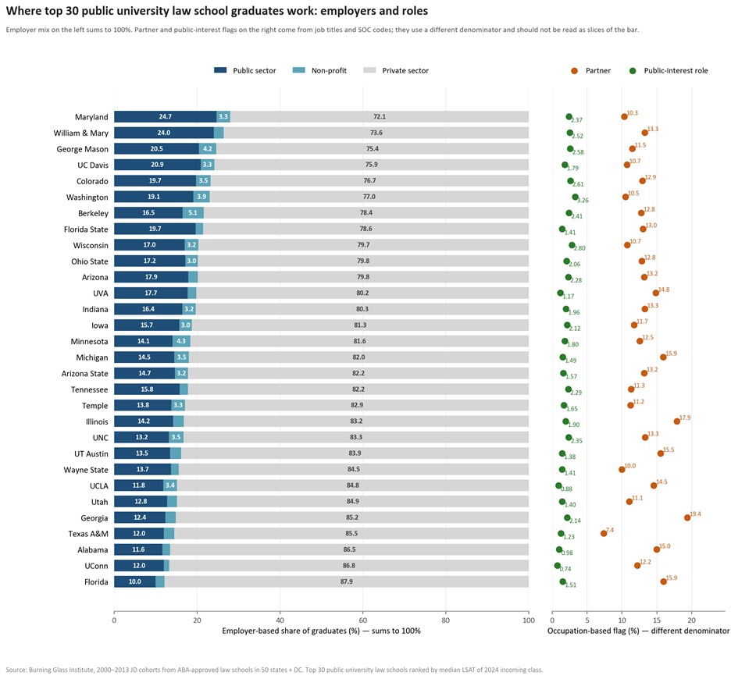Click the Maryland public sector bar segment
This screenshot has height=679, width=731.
tap(166, 116)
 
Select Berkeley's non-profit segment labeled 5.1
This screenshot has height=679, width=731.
tap(193, 213)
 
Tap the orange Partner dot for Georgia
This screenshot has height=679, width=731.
tap(687, 517)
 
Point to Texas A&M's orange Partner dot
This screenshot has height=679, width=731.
tap(604, 534)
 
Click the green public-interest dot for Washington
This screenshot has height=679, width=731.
tap(576, 197)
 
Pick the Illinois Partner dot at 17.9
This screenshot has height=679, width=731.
tap(677, 421)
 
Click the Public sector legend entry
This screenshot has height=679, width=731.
tap(245, 70)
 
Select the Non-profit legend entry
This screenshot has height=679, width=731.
tap(320, 70)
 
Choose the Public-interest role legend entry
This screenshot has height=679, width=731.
tap(669, 71)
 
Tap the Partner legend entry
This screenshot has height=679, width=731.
tap(590, 71)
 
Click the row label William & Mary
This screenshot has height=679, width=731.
tap(80, 133)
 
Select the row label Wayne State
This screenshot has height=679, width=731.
tap(86, 470)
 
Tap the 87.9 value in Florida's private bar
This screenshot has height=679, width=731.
tap(347, 581)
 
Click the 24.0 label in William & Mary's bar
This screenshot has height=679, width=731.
tap(164, 133)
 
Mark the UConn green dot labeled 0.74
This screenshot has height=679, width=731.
tap(558, 566)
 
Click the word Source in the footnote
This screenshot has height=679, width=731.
tap(16, 670)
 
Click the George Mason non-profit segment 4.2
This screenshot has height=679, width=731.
tap(208, 148)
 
